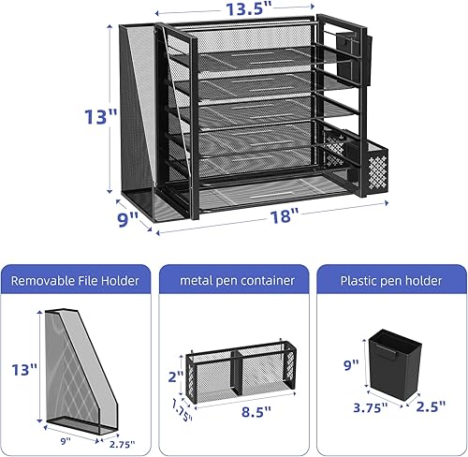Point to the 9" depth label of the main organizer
tap(127, 219)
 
